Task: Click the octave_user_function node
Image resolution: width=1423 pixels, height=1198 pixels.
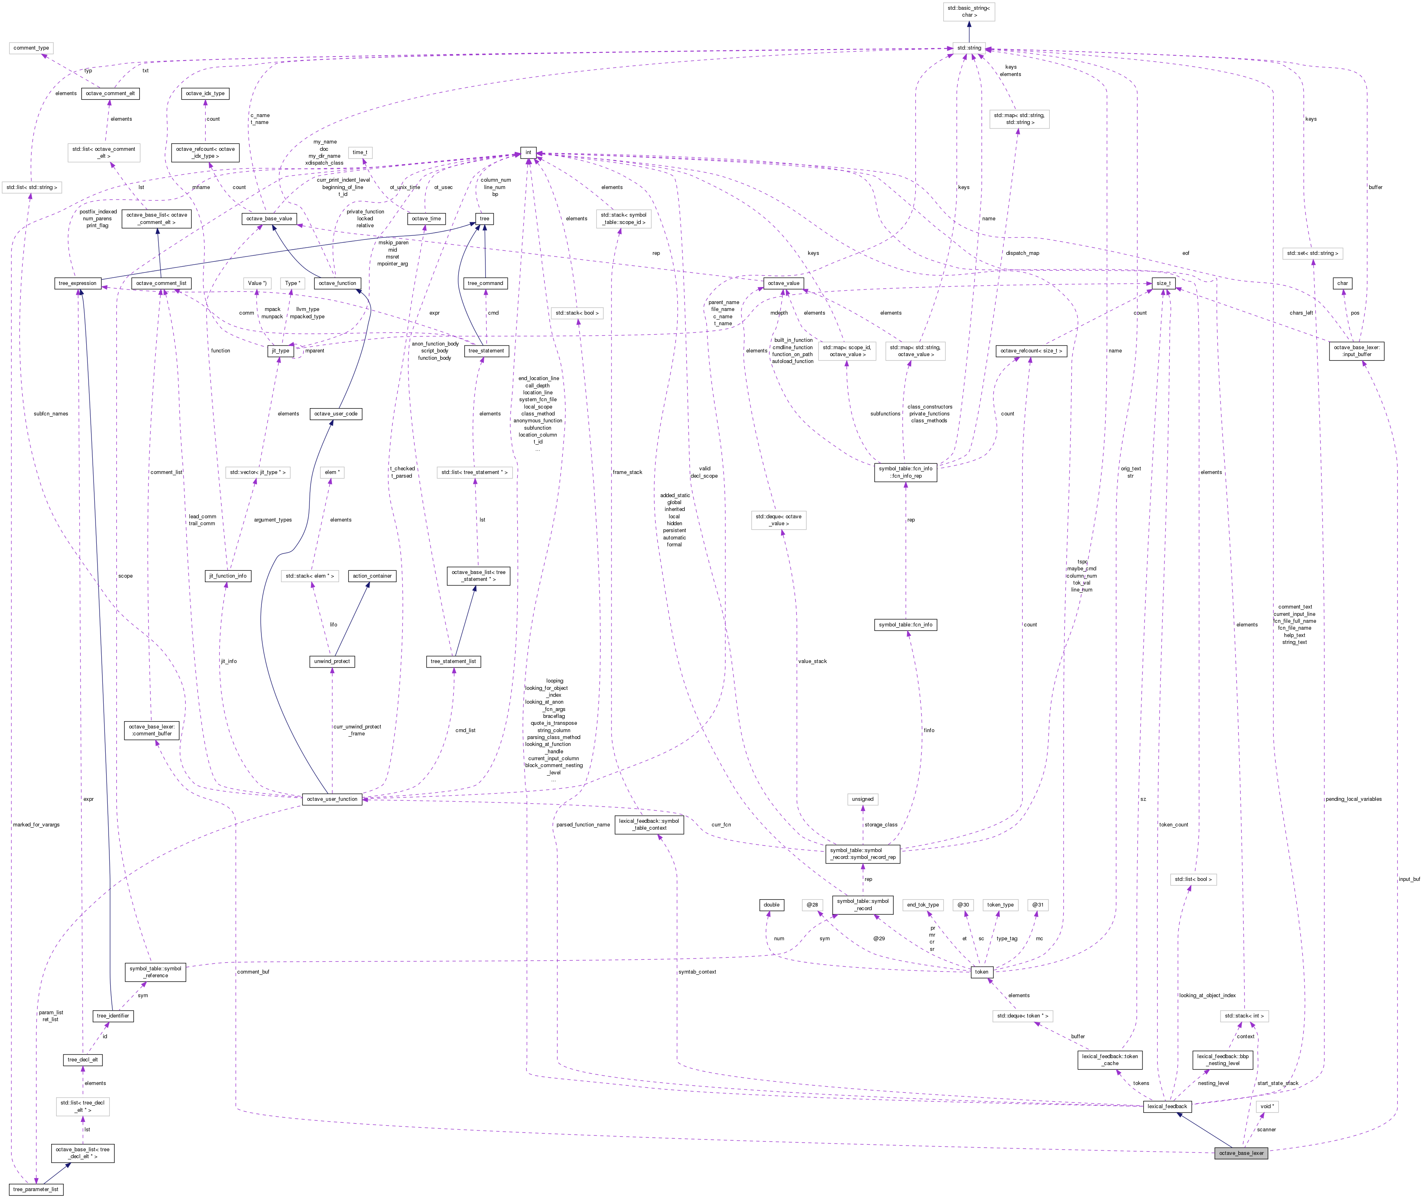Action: (x=332, y=799)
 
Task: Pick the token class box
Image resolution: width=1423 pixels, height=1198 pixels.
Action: (x=981, y=972)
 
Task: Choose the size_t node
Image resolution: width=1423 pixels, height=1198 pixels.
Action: (x=1163, y=283)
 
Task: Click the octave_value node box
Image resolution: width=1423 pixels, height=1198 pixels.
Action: (x=783, y=283)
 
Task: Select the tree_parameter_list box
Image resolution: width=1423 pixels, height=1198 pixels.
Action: (x=37, y=1189)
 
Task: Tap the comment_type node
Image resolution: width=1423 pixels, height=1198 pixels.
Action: (x=31, y=48)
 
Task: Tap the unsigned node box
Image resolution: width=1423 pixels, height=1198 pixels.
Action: (x=863, y=799)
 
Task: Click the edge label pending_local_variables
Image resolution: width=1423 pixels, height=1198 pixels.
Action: (x=1353, y=799)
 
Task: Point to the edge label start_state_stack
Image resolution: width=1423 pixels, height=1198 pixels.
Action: (x=1277, y=1083)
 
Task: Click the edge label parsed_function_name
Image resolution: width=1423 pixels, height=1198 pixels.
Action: (x=583, y=824)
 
